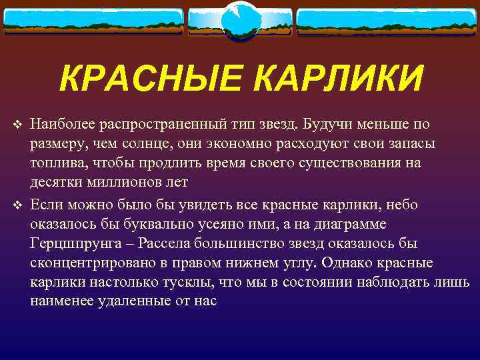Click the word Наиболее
point(62,125)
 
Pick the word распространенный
point(160,125)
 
